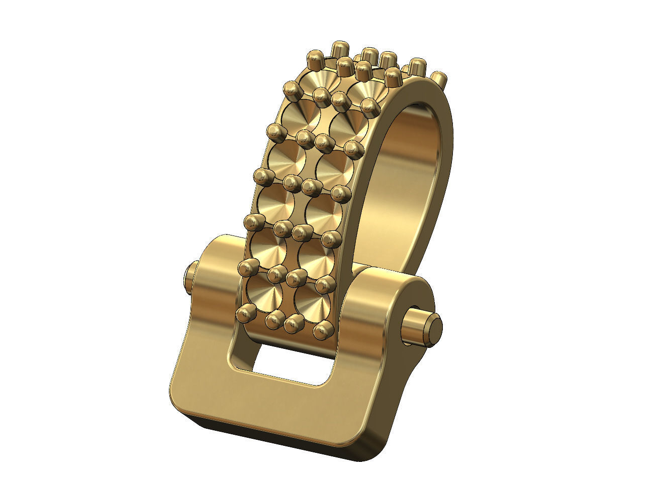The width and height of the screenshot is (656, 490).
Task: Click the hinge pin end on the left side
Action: point(190,279)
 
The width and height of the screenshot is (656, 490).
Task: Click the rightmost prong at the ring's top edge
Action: point(438,79)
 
